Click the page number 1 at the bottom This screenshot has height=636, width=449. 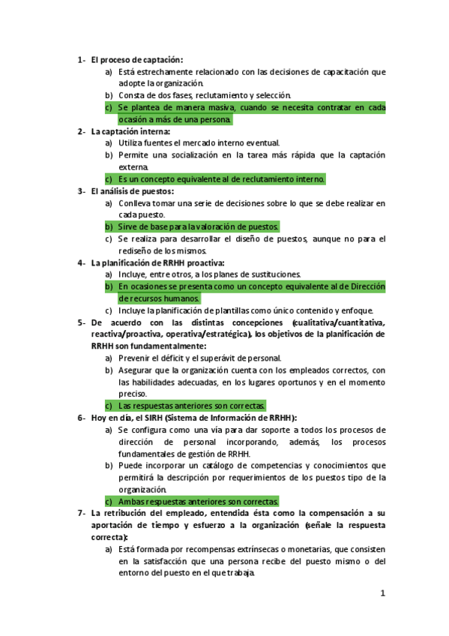(x=382, y=594)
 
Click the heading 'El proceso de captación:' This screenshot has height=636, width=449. (x=137, y=60)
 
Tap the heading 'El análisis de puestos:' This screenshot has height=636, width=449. (x=133, y=190)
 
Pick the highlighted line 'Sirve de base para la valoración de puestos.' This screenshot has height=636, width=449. (x=199, y=226)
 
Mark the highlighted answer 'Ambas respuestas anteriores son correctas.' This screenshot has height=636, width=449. (x=199, y=501)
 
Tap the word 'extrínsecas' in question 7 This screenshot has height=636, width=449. (x=259, y=549)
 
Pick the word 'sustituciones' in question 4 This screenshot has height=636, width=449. (x=274, y=274)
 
